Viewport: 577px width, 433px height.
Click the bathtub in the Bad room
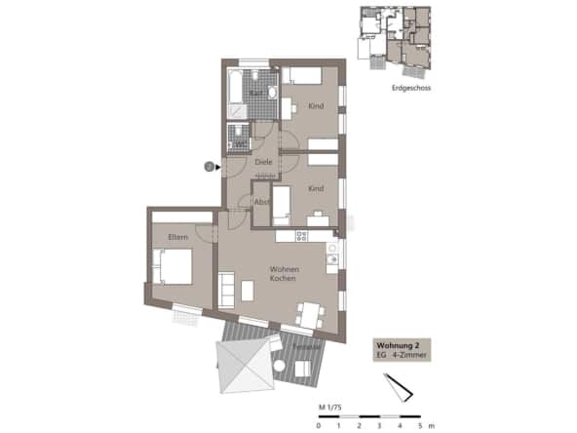(x=237, y=92)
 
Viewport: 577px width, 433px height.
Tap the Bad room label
(x=254, y=94)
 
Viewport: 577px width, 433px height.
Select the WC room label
(x=239, y=142)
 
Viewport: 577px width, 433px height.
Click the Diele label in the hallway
(x=262, y=162)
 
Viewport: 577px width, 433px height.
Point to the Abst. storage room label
(x=261, y=201)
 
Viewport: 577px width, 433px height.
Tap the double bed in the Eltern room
(x=167, y=263)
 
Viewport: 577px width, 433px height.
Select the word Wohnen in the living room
(x=285, y=269)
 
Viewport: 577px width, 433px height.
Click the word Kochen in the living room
(x=285, y=279)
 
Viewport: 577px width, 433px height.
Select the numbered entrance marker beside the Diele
(x=209, y=167)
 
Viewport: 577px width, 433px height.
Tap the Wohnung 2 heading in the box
(x=398, y=346)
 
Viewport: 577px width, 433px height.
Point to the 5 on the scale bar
(x=421, y=426)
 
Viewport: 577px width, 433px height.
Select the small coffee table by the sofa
(x=248, y=290)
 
